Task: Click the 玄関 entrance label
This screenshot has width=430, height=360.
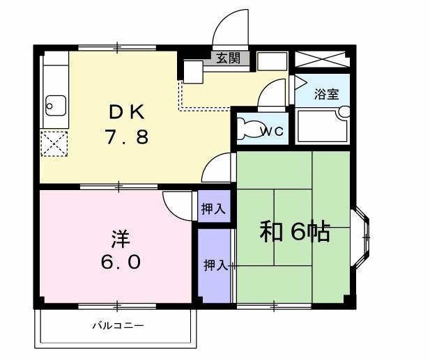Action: click(x=228, y=58)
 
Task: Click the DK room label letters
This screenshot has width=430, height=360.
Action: click(x=125, y=111)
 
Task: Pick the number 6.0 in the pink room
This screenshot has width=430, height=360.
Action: click(x=121, y=263)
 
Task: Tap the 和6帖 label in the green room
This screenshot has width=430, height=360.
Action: click(x=295, y=232)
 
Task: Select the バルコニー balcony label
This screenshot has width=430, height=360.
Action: click(x=117, y=325)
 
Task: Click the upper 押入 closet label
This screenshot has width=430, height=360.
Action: click(x=213, y=208)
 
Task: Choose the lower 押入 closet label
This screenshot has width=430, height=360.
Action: click(x=215, y=265)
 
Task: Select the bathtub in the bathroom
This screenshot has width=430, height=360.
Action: click(x=322, y=126)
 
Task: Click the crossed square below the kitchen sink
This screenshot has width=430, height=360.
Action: click(x=54, y=144)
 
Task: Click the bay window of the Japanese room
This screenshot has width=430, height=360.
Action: click(x=362, y=238)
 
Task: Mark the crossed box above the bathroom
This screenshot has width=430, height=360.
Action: click(x=321, y=58)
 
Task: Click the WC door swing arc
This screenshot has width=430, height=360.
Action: click(x=273, y=93)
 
